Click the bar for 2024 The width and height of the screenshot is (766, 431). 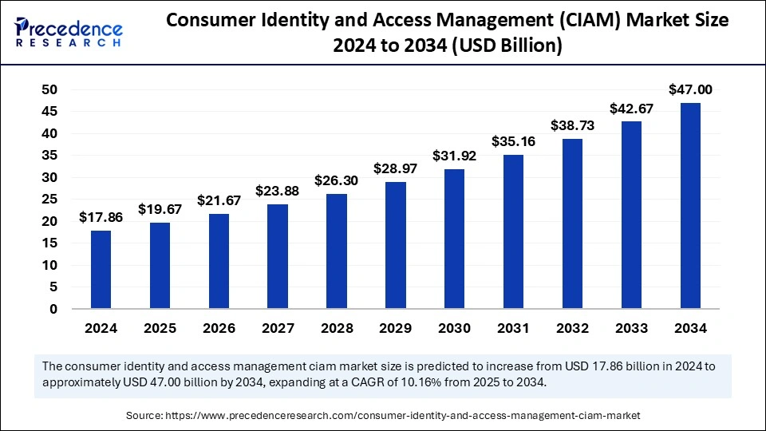point(101,270)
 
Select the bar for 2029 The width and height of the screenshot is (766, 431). point(396,245)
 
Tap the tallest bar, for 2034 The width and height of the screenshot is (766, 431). point(690,206)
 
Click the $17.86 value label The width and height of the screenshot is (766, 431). point(101,217)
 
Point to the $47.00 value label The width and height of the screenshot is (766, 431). point(690,89)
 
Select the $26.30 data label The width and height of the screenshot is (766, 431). point(337,180)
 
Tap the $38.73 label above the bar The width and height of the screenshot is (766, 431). point(572,125)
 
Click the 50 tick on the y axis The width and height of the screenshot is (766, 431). point(49,89)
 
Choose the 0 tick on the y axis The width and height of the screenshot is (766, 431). point(53,309)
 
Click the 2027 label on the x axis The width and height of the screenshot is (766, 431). point(278,328)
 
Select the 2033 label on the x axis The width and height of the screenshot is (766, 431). point(631,328)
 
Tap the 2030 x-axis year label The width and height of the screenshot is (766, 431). point(455,328)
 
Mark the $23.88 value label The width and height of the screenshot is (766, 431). point(278,191)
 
